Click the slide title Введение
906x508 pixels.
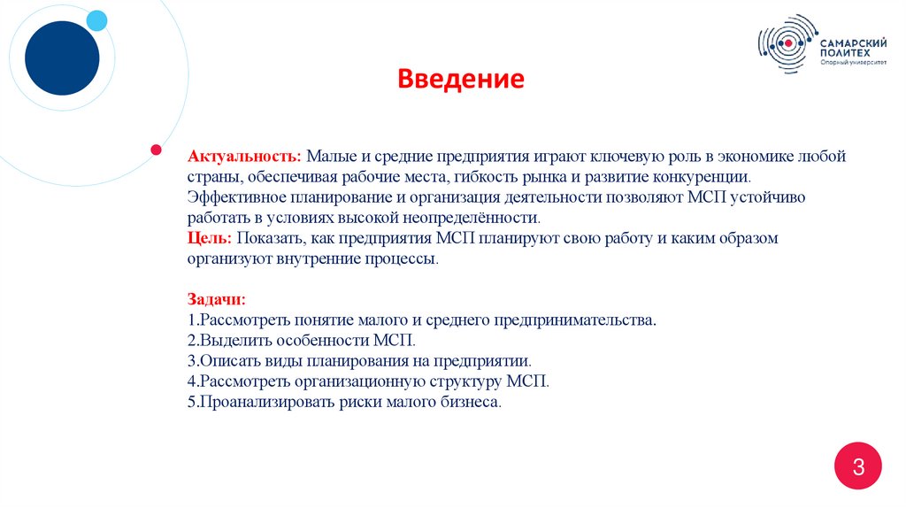click(460, 81)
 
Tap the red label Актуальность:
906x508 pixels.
click(244, 156)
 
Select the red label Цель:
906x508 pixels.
click(209, 238)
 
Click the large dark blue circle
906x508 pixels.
click(62, 58)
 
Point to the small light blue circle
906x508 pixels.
click(96, 20)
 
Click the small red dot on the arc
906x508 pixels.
click(156, 149)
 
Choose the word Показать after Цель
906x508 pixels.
click(271, 238)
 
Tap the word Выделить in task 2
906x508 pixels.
click(229, 340)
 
